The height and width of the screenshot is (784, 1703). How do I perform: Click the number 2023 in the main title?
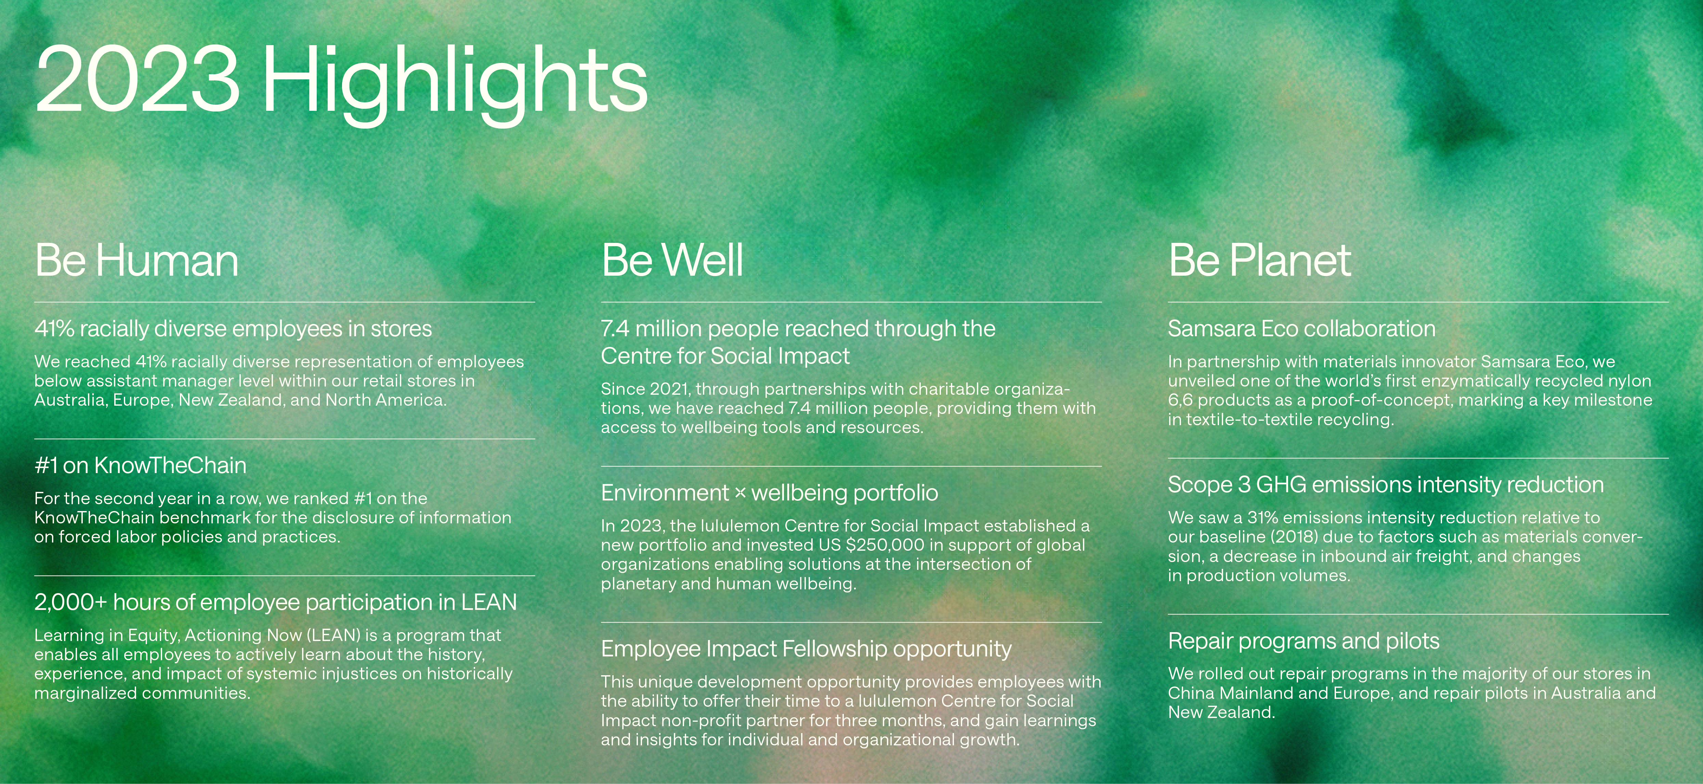pyautogui.click(x=137, y=79)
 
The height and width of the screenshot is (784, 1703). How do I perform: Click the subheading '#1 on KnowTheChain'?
pyautogui.click(x=140, y=466)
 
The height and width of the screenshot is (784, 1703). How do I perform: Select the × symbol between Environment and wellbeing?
pyautogui.click(x=741, y=493)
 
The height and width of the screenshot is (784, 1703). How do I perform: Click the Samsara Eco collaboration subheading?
pyautogui.click(x=1302, y=328)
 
